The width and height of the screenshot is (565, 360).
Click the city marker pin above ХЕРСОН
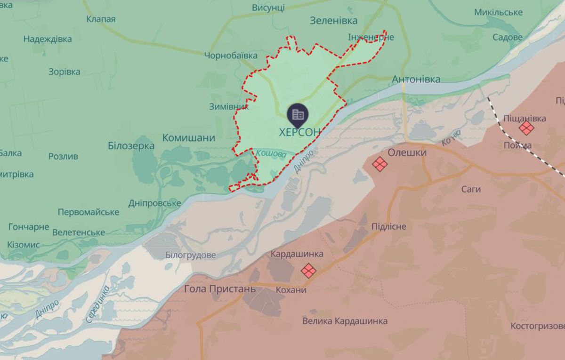click(298, 114)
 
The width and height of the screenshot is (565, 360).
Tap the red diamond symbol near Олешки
click(379, 164)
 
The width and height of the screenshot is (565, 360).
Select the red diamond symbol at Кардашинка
click(308, 270)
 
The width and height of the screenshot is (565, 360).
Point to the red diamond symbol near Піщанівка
click(526, 128)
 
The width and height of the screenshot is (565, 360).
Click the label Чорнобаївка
click(231, 56)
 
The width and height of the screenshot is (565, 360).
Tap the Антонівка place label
click(416, 79)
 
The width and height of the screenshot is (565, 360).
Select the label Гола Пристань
click(220, 288)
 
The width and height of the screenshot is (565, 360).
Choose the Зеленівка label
click(334, 21)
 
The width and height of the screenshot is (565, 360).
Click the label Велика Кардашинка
click(345, 321)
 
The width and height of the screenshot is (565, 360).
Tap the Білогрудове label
click(191, 255)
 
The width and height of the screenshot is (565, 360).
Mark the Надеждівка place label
click(48, 39)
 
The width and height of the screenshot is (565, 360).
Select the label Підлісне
click(388, 227)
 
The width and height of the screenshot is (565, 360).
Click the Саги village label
click(471, 189)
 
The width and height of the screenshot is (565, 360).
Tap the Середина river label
click(97, 304)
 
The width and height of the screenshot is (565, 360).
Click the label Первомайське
click(89, 212)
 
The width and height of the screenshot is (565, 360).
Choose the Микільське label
click(499, 12)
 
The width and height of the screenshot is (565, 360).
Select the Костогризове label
click(537, 326)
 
